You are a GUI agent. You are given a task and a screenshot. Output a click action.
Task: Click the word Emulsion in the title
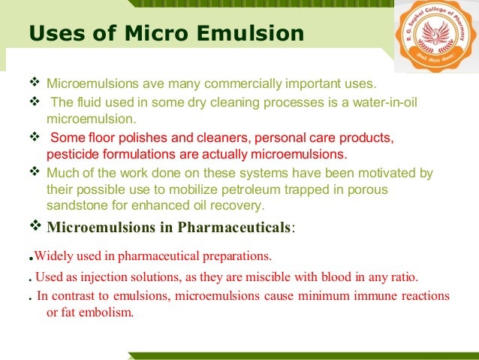[x=258, y=34]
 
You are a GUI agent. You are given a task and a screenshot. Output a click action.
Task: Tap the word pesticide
[x=71, y=155]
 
